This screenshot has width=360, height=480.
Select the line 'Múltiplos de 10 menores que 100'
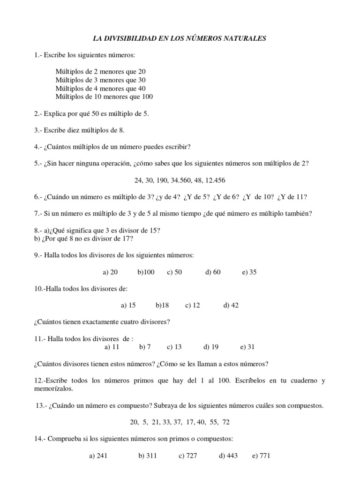(x=104, y=97)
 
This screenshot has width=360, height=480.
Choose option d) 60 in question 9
(x=213, y=272)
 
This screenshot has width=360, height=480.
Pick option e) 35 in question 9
(x=249, y=272)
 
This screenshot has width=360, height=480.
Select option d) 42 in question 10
(x=231, y=305)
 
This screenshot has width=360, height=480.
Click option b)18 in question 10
(x=162, y=305)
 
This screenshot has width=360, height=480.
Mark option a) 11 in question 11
(x=112, y=347)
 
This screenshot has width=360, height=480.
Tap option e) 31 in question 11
(x=247, y=347)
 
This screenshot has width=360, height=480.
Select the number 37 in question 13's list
(x=179, y=422)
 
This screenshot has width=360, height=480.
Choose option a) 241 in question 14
(x=98, y=455)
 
